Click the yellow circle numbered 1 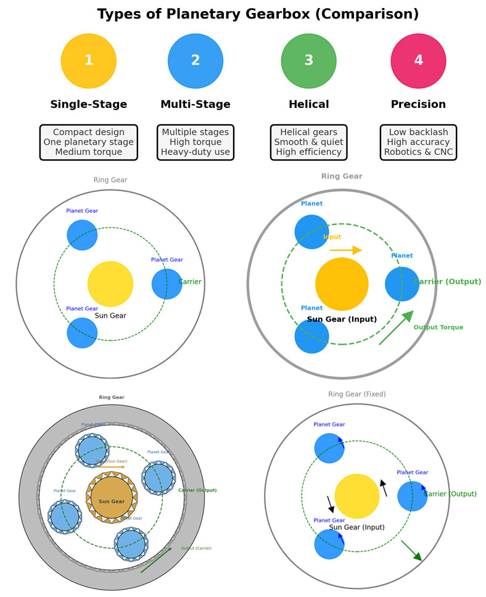[x=89, y=61]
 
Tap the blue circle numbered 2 [x=196, y=61]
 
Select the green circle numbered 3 [x=308, y=61]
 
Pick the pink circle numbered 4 [x=418, y=61]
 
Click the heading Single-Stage [x=89, y=104]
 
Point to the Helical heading [x=308, y=104]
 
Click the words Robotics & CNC [x=418, y=152]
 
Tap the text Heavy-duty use [x=196, y=152]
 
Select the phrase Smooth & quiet [x=308, y=142]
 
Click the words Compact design [x=89, y=132]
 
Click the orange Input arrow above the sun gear [x=345, y=250]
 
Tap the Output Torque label [x=438, y=327]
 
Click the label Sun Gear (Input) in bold [x=342, y=319]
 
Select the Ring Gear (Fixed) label [x=357, y=394]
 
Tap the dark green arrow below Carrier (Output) [x=411, y=551]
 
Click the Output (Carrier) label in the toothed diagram [x=196, y=548]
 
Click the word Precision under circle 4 [x=418, y=104]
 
